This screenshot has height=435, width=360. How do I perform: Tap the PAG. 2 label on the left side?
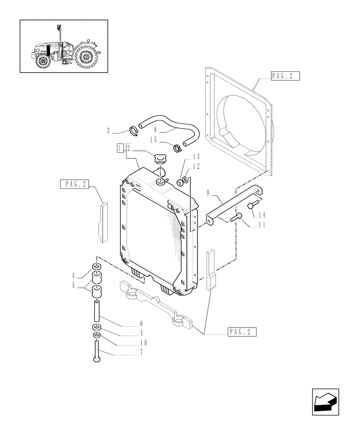point(74,184)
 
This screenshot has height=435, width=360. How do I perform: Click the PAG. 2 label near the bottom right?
point(242,332)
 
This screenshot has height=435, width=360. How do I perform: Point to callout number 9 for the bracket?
point(208,191)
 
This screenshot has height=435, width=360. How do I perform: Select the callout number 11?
point(261,225)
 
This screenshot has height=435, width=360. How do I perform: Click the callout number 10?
point(143,342)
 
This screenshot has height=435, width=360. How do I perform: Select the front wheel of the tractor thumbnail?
point(42,60)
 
